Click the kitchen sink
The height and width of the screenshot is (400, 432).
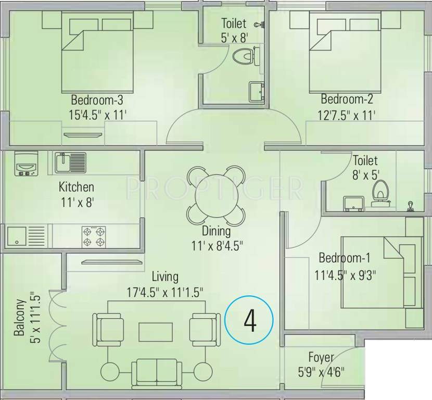tap(70, 162)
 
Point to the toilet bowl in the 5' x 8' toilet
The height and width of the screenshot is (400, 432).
tap(245, 55)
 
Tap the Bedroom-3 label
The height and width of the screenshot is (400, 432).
tap(97, 99)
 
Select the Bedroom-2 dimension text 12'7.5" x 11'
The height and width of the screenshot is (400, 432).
tap(347, 114)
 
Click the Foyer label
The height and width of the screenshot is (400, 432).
tap(318, 358)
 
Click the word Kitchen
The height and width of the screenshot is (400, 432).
tap(76, 186)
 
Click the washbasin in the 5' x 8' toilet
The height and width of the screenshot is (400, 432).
tap(256, 92)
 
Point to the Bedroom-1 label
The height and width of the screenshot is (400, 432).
tap(344, 257)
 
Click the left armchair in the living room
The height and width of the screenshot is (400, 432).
tap(108, 329)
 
